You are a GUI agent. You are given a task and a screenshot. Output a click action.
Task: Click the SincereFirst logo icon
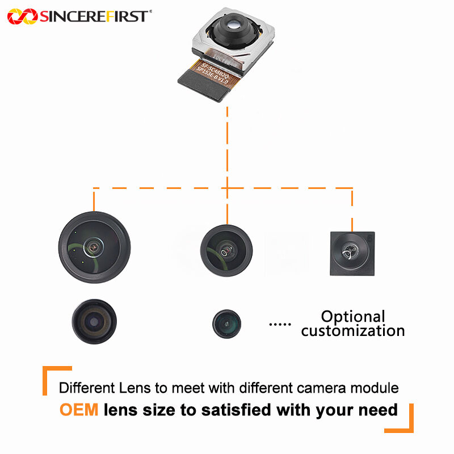coord(22,16)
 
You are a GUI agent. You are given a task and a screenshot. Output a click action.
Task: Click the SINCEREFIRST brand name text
coord(95,16)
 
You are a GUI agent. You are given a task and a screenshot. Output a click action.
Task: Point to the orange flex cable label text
coord(215,73)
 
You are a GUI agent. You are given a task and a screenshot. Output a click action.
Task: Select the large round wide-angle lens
coord(94,247)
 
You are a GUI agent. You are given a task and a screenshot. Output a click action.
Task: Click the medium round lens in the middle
coord(226,247)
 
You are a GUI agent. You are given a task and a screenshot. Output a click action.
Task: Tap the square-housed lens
coord(352,253)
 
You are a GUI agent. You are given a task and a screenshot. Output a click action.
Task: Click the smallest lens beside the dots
coord(226,324)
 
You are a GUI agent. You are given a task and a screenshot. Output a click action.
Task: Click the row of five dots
coord(279,325)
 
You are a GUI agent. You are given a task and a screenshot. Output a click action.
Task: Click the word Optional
coord(353,317)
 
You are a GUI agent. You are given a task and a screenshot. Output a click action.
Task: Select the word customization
coord(353,330)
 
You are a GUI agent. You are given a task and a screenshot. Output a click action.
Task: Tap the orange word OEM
coord(79,409)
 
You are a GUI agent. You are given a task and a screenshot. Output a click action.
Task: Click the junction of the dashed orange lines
coord(226,188)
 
